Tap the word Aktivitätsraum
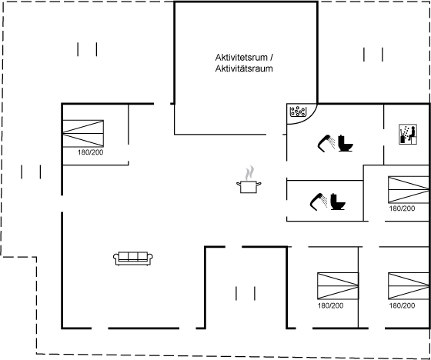[244, 68]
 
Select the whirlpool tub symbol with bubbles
[299, 112]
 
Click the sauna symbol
[408, 134]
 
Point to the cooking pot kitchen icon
[249, 187]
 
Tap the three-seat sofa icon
[133, 258]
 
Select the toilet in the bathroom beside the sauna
[346, 143]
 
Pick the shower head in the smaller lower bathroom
[319, 202]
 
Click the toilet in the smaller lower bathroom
[338, 202]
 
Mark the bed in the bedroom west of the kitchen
[83, 134]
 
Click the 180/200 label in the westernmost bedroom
[91, 152]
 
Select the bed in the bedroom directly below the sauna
[409, 190]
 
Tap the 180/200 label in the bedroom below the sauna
[402, 208]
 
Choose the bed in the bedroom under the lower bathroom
[338, 286]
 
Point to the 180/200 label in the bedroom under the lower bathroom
[330, 305]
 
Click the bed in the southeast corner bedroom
[409, 286]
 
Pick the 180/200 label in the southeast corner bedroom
[402, 305]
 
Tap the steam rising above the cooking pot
[249, 172]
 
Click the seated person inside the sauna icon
[412, 134]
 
